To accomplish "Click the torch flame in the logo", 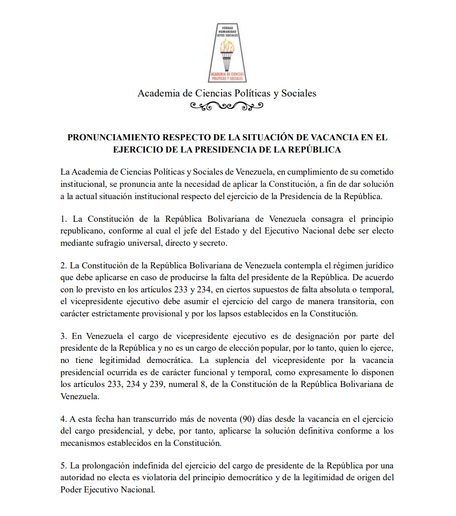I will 228,46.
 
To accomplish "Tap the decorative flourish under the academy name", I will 227,106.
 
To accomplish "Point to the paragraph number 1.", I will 63,219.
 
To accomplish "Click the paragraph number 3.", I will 63,336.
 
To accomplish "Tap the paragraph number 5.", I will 63,466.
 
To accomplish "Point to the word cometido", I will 376,172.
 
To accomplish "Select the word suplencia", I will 228,360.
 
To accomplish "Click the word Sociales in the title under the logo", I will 298,93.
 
